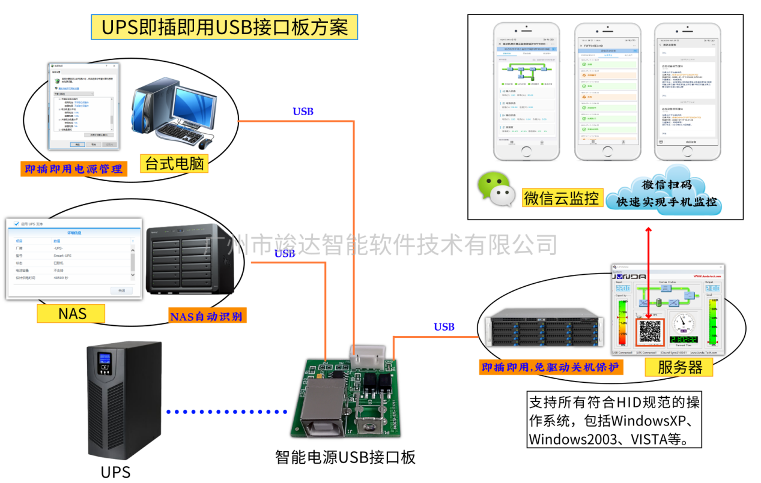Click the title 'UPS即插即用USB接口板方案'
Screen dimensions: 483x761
pos(224,28)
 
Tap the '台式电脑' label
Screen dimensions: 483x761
pos(174,163)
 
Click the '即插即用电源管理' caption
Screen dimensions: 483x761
pos(73,169)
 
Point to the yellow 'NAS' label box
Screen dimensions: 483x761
pos(71,313)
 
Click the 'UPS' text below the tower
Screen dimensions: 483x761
pos(115,472)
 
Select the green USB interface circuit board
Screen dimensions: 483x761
pos(352,396)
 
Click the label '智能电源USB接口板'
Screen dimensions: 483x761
pos(345,457)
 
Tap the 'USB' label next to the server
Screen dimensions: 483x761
pos(444,327)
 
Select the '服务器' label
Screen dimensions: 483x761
pos(679,367)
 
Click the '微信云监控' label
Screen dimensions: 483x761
pos(562,197)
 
